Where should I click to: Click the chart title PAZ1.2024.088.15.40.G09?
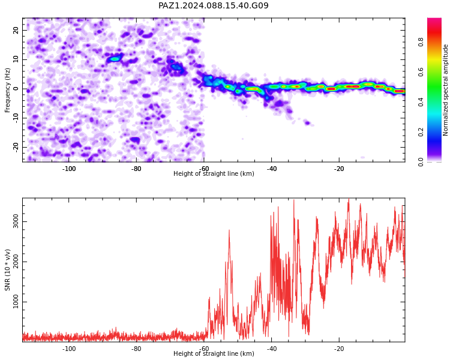[214, 5]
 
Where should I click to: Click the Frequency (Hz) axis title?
[7, 90]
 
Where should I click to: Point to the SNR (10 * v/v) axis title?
[7, 270]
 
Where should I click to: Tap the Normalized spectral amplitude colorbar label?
[445, 90]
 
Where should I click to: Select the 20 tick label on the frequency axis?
[16, 30]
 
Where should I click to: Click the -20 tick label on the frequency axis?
[16, 147]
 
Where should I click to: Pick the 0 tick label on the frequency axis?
[16, 89]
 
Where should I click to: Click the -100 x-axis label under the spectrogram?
[69, 169]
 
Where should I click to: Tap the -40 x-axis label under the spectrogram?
[272, 169]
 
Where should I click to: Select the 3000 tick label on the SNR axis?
[16, 221]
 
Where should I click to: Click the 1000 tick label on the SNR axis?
[16, 302]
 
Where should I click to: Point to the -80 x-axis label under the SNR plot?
[136, 349]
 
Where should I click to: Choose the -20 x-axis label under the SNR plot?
[339, 349]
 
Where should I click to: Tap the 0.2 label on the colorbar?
[421, 132]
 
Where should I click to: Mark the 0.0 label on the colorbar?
[421, 162]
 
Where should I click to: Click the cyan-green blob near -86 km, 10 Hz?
[115, 59]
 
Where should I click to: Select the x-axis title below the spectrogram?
[214, 173]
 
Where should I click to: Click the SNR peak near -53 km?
[229, 230]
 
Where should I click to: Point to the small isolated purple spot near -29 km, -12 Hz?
[307, 123]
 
